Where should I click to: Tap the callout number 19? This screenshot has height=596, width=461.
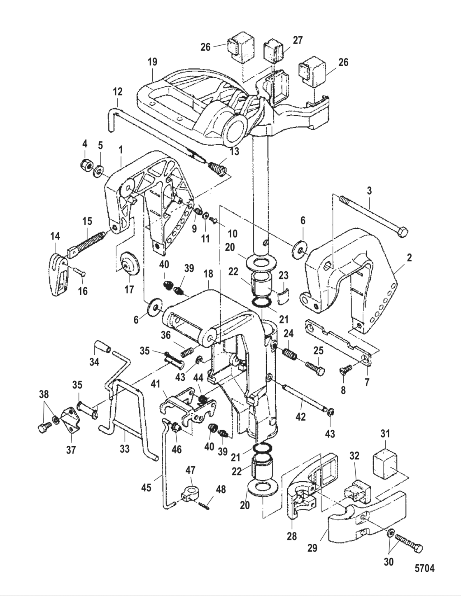152,62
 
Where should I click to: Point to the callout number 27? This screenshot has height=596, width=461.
298,40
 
